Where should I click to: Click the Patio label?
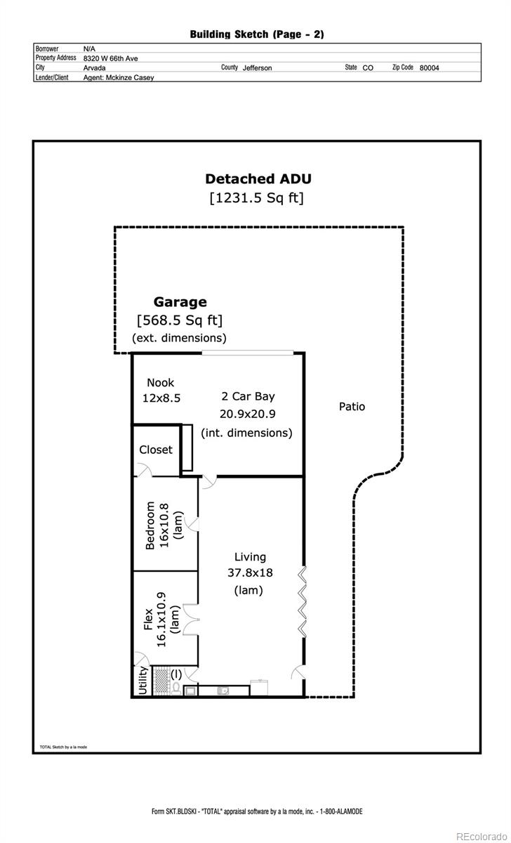click(352, 407)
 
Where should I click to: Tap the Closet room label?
click(156, 450)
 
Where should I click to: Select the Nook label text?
click(161, 383)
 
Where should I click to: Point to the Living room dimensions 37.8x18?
click(250, 573)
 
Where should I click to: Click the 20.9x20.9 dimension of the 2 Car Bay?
click(247, 414)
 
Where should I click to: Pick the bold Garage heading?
click(180, 302)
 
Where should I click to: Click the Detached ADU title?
click(258, 178)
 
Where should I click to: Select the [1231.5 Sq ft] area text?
click(256, 198)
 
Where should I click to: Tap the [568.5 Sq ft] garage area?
click(180, 320)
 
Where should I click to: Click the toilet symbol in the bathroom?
click(176, 688)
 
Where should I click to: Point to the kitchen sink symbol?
click(223, 691)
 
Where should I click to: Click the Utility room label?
click(143, 681)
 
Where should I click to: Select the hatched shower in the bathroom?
click(161, 681)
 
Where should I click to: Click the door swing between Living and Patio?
click(298, 673)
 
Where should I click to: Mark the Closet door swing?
click(144, 471)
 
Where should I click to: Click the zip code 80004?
click(429, 67)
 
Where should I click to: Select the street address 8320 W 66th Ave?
click(110, 58)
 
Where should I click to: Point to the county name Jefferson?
click(257, 67)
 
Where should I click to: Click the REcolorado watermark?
click(482, 836)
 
